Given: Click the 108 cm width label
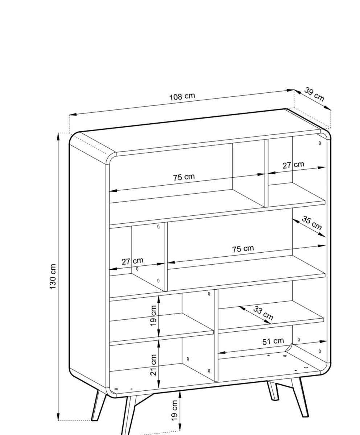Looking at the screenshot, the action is [182, 96].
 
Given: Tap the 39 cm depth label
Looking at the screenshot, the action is [314, 94].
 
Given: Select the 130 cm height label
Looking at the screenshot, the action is [53, 277].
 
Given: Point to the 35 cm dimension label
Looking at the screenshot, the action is [312, 223].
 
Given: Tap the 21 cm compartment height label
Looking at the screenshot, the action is [153, 365].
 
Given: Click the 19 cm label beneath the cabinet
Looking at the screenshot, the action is [174, 410].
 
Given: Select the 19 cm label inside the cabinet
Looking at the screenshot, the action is [153, 316].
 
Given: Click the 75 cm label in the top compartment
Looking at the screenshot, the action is [184, 177].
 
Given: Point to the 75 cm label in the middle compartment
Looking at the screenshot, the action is [243, 249].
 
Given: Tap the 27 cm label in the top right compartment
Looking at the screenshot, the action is [293, 165].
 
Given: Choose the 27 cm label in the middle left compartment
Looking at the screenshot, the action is [132, 261].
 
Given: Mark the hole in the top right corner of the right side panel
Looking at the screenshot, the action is [320, 143].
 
